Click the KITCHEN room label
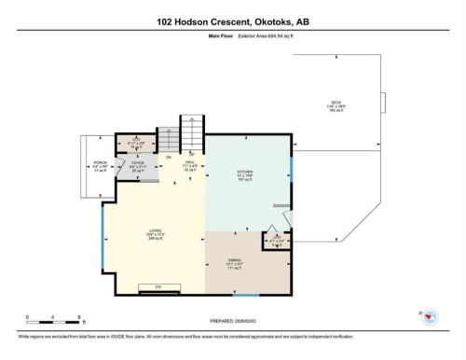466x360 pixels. pyautogui.click(x=245, y=174)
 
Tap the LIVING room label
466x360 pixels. pyautogui.click(x=154, y=233)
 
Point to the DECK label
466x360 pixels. pyautogui.click(x=336, y=104)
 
